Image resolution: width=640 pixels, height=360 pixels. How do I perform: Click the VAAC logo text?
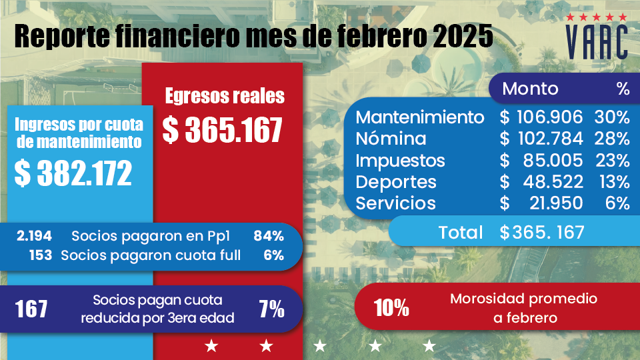(x=596, y=43)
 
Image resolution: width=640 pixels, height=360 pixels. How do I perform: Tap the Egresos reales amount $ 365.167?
(x=223, y=130)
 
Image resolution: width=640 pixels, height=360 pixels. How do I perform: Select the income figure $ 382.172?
(x=73, y=174)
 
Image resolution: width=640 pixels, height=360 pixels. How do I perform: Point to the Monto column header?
(x=530, y=89)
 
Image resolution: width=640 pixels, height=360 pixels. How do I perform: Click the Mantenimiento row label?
(x=420, y=117)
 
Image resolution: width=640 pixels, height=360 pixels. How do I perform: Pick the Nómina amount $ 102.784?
(x=541, y=139)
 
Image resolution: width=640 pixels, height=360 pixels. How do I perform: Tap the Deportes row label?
(x=396, y=182)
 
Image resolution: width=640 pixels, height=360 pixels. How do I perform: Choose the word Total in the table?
(x=461, y=232)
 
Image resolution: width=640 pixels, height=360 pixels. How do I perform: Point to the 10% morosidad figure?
(x=391, y=308)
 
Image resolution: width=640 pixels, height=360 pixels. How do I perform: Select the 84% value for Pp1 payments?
(x=269, y=235)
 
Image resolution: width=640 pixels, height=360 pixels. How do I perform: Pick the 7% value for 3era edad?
(x=271, y=309)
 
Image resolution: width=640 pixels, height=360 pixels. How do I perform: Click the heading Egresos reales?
(x=225, y=96)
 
